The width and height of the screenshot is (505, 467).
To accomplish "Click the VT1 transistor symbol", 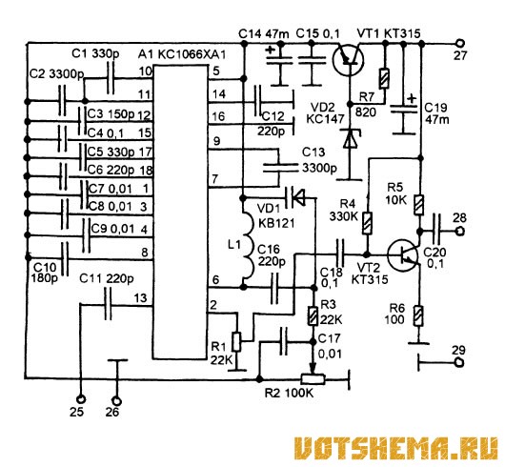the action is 348,60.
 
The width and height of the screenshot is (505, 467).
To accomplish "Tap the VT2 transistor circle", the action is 403,255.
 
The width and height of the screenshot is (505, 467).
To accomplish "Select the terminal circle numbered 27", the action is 460,43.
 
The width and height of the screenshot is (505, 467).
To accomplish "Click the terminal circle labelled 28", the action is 460,231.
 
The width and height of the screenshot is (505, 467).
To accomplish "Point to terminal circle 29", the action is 460,362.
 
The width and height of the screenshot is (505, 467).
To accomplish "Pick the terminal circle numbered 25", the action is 81,399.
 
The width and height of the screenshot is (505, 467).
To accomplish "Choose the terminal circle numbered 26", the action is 116,401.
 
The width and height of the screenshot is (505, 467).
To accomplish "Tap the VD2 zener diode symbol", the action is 351,139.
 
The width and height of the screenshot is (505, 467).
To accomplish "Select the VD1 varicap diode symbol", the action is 296,197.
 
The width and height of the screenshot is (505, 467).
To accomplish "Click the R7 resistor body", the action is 384,78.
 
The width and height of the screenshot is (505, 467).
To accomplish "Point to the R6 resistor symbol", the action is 418,316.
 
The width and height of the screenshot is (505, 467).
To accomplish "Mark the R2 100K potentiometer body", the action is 313,379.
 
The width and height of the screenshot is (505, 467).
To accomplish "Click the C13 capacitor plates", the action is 279,168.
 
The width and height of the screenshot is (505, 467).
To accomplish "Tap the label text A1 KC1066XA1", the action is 182,54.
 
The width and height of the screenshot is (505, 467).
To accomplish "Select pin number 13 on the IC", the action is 141,298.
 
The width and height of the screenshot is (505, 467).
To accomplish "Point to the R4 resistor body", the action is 367,223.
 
